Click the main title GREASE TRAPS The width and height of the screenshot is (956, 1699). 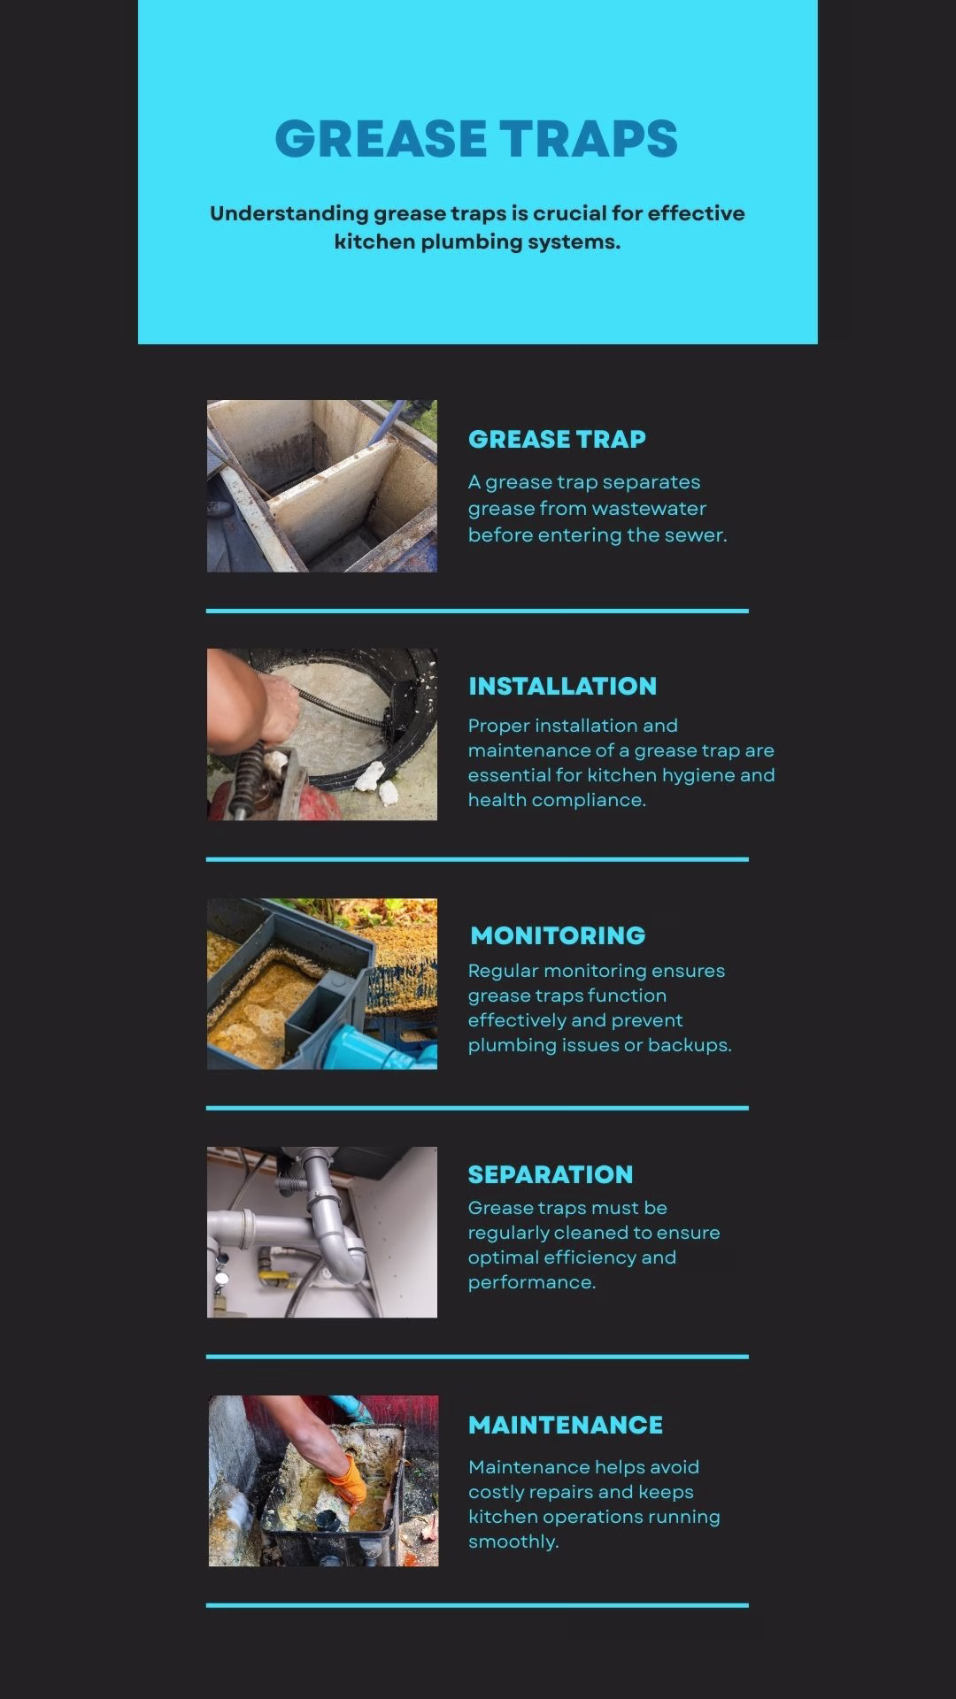click(x=476, y=139)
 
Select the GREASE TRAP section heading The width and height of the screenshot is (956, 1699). click(x=557, y=439)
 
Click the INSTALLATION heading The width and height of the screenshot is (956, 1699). click(x=562, y=686)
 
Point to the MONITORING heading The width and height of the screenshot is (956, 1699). click(x=558, y=935)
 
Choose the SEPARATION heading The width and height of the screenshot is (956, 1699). click(x=551, y=1174)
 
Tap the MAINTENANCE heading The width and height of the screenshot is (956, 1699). click(x=566, y=1425)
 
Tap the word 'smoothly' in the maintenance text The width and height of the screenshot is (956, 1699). click(x=513, y=1542)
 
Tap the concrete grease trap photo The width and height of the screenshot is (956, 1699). click(x=322, y=486)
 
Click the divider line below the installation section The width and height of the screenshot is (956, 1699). click(x=477, y=858)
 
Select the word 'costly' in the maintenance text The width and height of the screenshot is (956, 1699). click(x=495, y=1493)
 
